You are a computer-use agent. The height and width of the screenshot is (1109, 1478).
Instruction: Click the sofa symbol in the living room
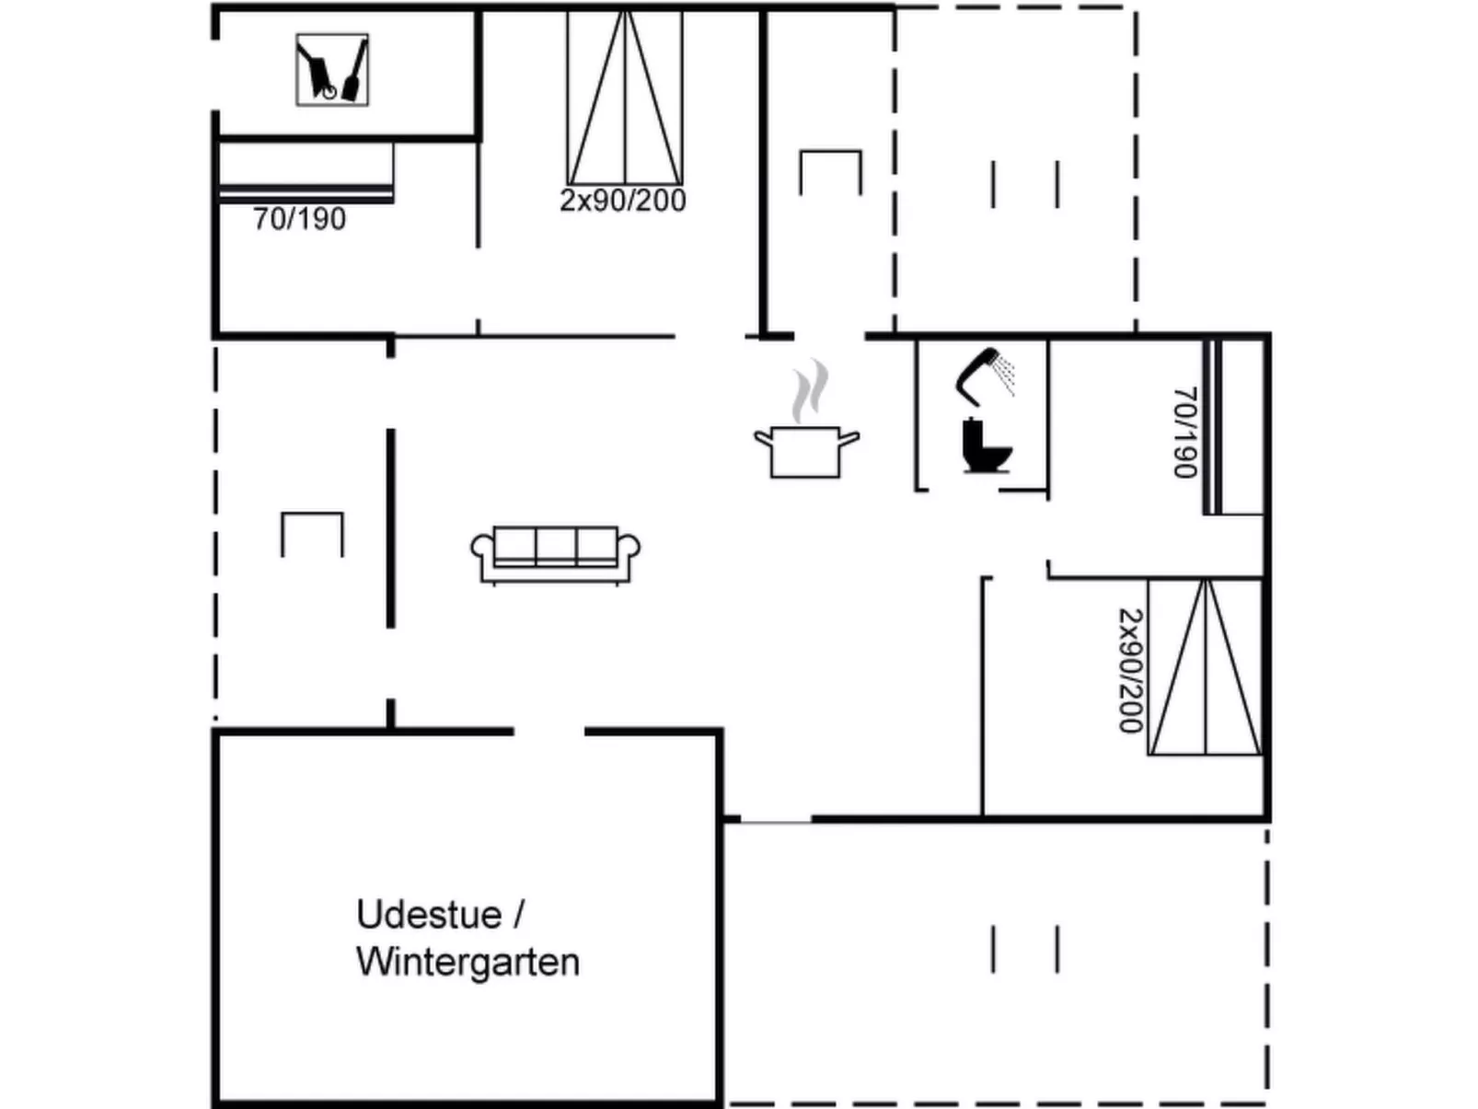(x=555, y=554)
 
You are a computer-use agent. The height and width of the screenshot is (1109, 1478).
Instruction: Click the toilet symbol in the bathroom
(x=985, y=445)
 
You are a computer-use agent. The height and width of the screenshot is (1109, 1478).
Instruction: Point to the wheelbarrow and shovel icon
(x=332, y=70)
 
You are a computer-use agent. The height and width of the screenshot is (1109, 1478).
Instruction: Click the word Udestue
(x=429, y=915)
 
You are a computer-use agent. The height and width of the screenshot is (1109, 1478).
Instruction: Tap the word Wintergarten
(x=468, y=963)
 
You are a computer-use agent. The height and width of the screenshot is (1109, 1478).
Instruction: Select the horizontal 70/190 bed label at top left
(x=299, y=219)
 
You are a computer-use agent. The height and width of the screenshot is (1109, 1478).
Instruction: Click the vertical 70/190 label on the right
(x=1185, y=433)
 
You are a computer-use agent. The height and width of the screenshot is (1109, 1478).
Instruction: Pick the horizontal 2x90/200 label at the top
(x=623, y=201)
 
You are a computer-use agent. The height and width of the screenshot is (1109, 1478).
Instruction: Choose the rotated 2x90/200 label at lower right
(x=1130, y=671)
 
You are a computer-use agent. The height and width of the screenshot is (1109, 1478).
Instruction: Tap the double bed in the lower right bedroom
(x=1205, y=667)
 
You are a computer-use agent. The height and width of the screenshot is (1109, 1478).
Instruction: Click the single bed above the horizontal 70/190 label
(x=306, y=169)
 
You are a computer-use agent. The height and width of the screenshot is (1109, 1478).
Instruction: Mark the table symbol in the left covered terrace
(x=312, y=534)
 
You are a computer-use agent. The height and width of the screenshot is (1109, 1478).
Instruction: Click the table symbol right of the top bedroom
(x=830, y=172)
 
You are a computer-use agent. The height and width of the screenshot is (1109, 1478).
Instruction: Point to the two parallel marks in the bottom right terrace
(x=1025, y=949)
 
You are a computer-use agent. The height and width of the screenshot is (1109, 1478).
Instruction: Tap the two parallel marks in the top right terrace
(x=1025, y=184)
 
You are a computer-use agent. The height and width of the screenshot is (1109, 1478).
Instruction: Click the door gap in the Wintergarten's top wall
(x=549, y=732)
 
